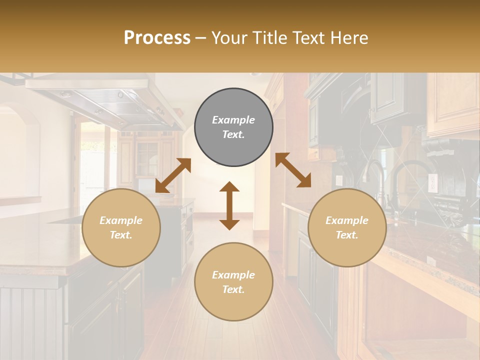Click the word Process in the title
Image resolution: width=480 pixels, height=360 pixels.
point(157,38)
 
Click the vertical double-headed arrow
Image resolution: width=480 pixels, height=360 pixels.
point(229,205)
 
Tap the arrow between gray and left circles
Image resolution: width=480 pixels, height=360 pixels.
point(173,175)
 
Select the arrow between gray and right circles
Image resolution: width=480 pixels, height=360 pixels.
point(293,170)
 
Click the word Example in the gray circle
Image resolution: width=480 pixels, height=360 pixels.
point(233,120)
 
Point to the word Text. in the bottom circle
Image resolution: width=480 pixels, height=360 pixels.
point(233,289)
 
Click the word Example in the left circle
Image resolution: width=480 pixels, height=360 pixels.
point(121,220)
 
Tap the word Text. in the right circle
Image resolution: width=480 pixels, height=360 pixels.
point(347,235)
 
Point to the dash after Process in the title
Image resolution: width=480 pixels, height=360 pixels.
point(201,38)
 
